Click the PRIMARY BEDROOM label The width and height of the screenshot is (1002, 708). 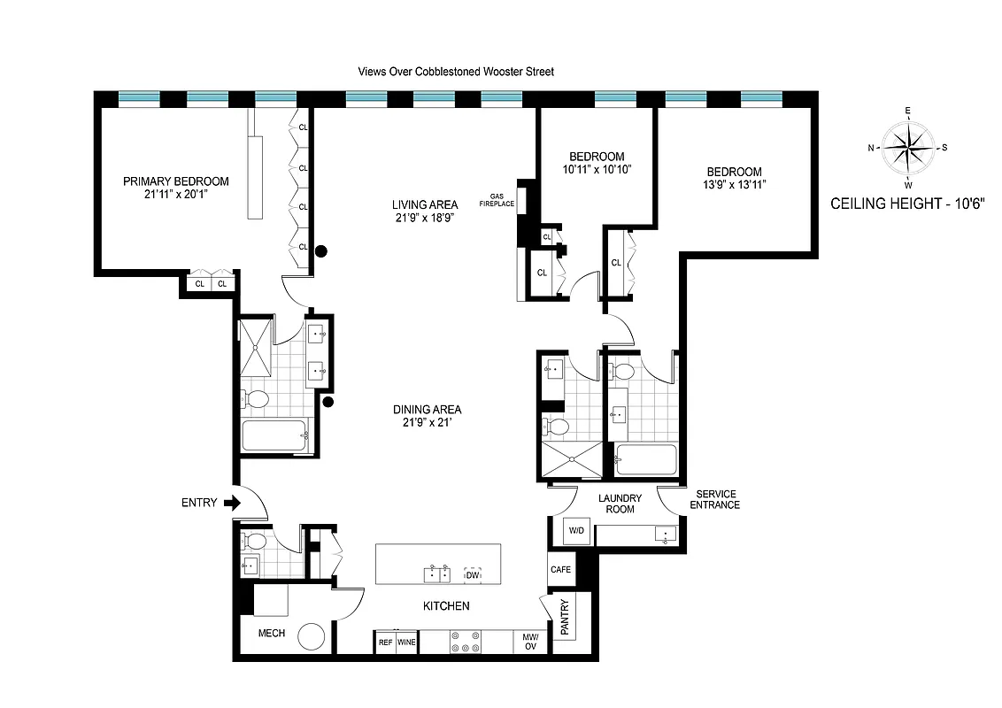coord(175,181)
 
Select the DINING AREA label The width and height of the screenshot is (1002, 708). coord(427,410)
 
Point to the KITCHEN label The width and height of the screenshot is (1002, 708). coord(444,606)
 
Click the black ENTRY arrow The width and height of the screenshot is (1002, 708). coord(233,503)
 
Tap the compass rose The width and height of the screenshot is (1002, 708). coord(908,147)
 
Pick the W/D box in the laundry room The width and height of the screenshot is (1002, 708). coord(576,531)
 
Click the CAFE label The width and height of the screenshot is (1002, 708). coord(559,570)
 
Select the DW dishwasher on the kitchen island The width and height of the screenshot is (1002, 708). coord(473,575)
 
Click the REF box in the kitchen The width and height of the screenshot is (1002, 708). coord(385,643)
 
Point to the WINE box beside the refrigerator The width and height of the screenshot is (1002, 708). coord(407,643)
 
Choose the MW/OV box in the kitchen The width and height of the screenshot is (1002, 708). coord(531,642)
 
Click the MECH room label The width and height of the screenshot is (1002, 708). coord(271,634)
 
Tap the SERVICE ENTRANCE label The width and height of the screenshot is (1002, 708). coord(717,499)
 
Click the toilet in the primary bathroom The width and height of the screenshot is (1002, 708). coord(257,399)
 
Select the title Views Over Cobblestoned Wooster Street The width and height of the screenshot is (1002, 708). coord(456,72)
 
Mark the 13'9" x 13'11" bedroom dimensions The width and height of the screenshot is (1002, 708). coord(734,185)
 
